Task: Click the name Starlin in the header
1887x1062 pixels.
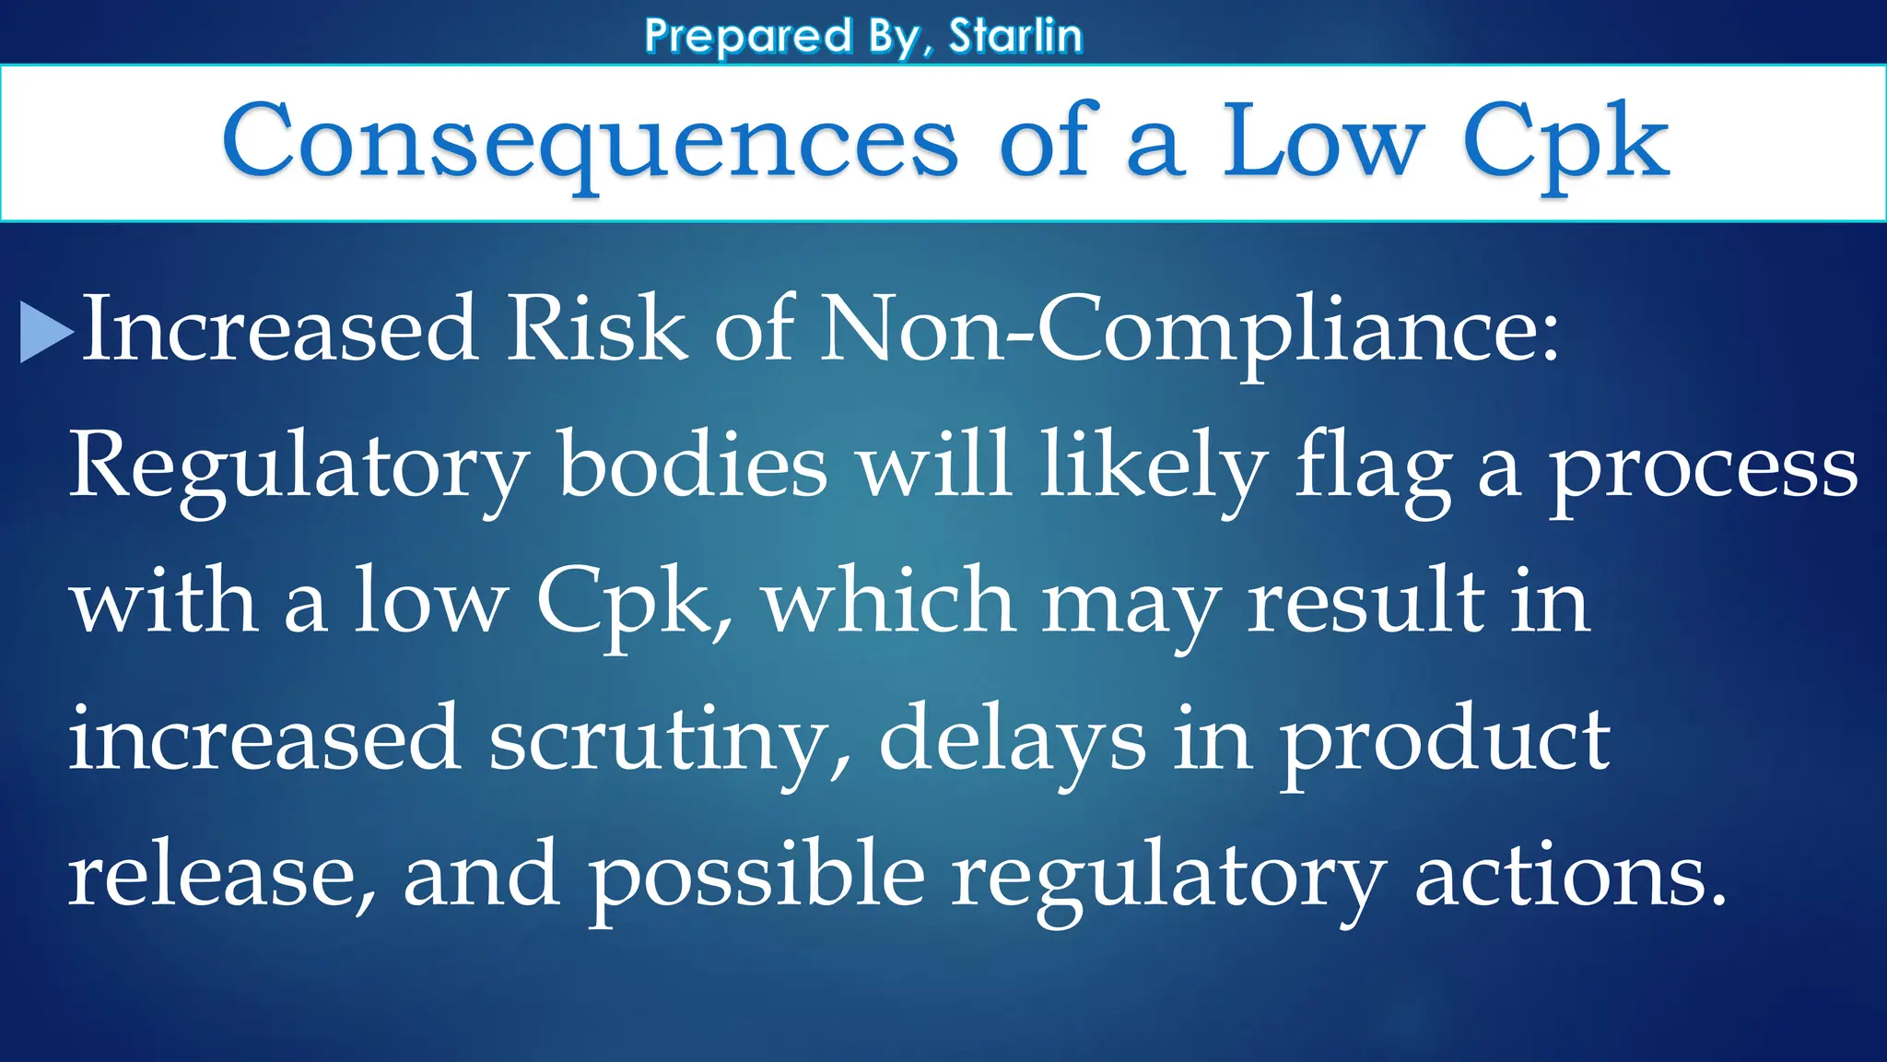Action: (1015, 37)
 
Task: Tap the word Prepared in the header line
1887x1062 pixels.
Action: (748, 37)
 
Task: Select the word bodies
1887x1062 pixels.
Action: (693, 466)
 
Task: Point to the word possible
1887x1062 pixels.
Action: (756, 876)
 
